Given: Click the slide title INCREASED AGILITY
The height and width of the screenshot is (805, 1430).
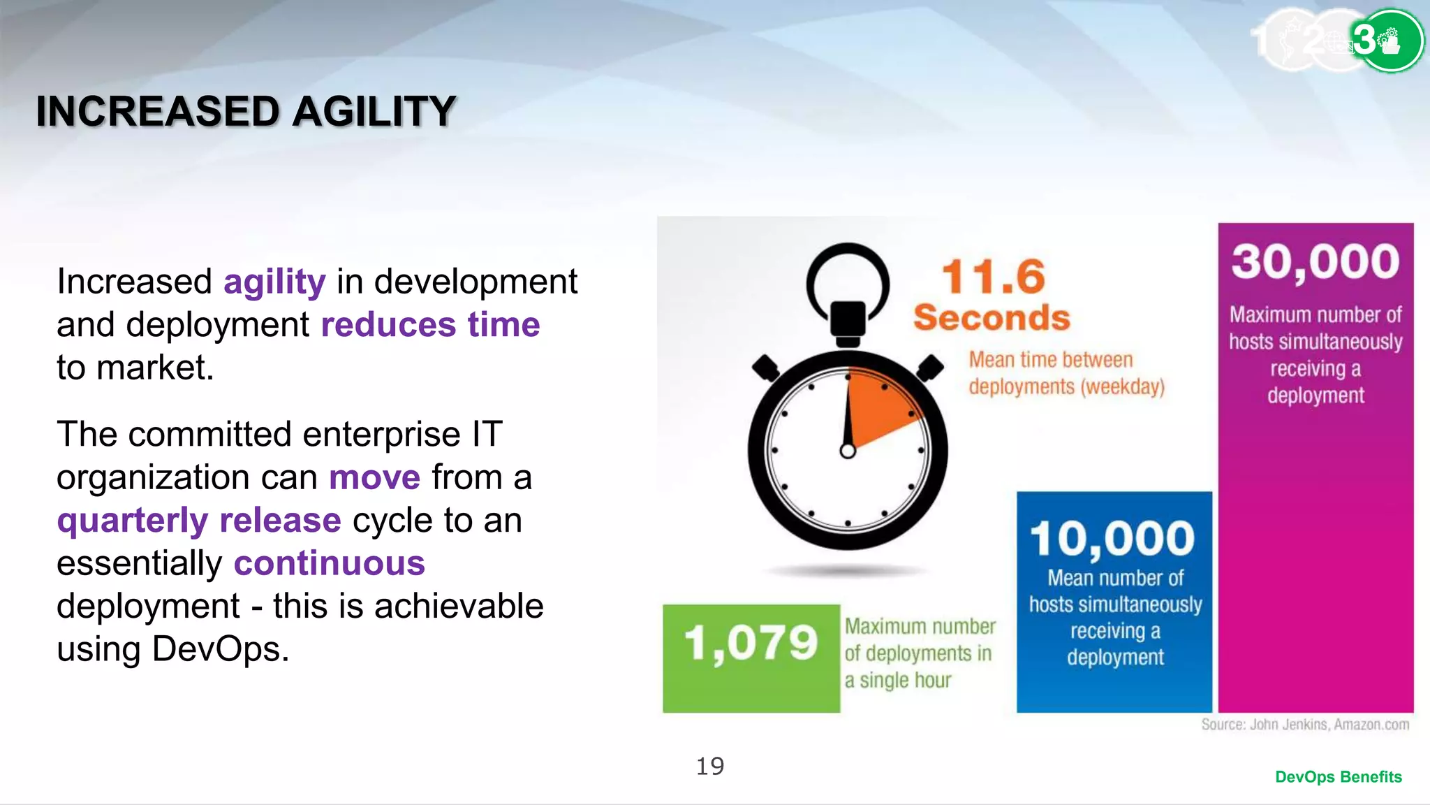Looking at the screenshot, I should coord(246,112).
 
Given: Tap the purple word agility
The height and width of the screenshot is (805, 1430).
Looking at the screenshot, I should coord(274,282).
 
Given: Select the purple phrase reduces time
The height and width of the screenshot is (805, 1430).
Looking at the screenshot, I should coord(430,325).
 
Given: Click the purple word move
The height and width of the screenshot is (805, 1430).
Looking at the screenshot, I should coord(374,478).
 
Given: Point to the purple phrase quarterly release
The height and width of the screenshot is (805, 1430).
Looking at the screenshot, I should coord(199,521).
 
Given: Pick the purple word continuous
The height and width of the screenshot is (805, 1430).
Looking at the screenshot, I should coord(329,563).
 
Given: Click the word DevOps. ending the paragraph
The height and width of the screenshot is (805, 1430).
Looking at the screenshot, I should coord(220,649).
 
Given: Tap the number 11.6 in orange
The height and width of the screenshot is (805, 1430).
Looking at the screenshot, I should coord(993,277).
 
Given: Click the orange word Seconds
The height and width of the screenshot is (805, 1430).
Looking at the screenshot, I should coord(992,318).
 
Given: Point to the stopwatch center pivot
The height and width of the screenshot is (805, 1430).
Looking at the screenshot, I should coord(848,451).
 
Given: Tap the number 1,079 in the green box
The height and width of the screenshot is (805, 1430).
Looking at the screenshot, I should coord(751,643).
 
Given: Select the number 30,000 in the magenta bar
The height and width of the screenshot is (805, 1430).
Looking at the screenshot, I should coord(1315,262).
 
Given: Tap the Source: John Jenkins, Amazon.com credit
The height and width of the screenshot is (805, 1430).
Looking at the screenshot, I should coord(1304,725).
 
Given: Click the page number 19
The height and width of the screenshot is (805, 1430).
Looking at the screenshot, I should coord(710,767).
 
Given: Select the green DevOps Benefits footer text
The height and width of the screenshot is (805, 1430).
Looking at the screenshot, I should coord(1338,777).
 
